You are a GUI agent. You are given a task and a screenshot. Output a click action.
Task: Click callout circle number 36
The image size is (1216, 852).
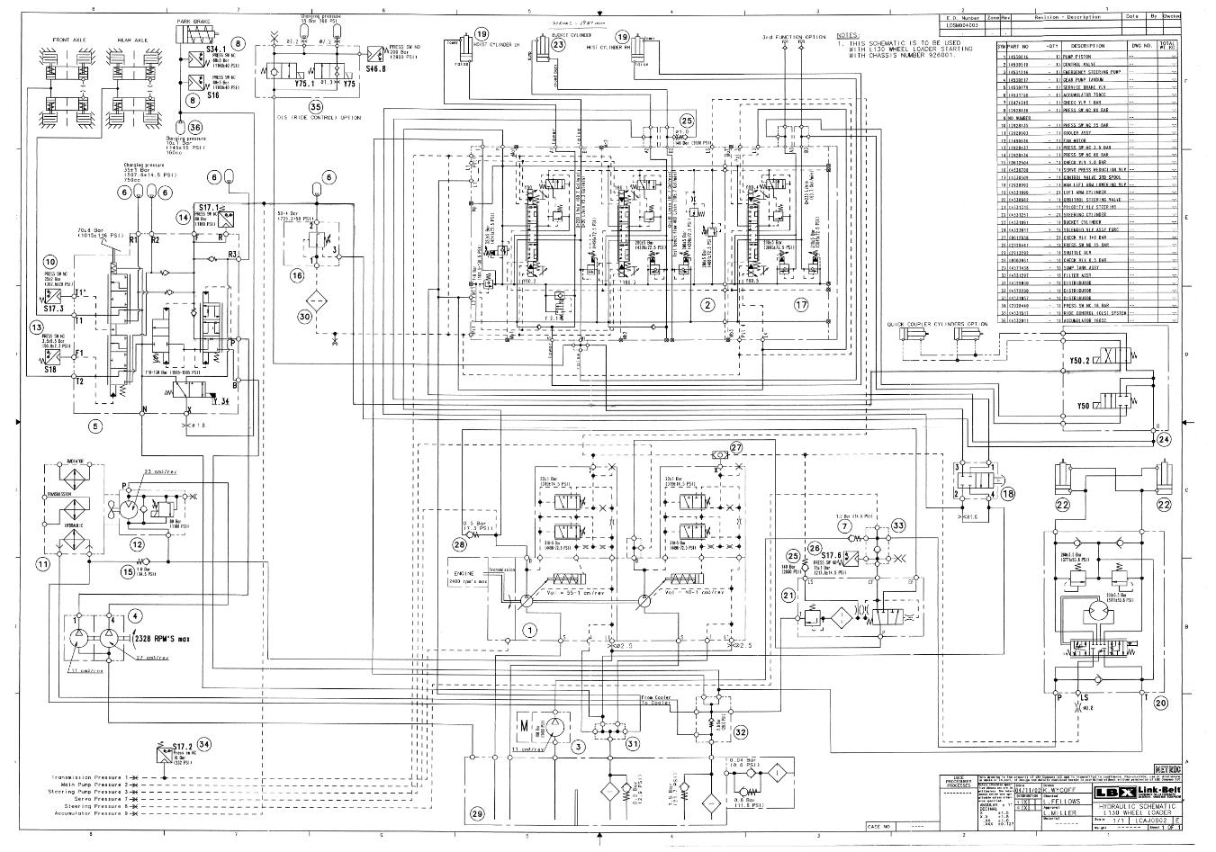pos(195,127)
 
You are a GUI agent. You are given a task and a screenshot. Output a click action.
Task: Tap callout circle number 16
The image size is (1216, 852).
pos(297,276)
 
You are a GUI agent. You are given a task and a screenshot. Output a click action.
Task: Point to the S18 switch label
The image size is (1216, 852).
pos(50,368)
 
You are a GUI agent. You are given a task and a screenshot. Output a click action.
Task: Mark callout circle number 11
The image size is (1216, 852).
pos(42,564)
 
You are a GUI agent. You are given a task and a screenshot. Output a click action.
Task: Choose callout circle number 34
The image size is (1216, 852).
pos(205,744)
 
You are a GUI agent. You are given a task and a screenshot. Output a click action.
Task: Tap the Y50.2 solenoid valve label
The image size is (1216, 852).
pos(1079,361)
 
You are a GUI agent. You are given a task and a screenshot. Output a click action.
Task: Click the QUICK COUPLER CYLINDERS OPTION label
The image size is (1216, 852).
pos(936,324)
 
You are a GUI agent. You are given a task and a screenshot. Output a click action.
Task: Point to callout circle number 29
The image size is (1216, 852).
pos(476,813)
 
